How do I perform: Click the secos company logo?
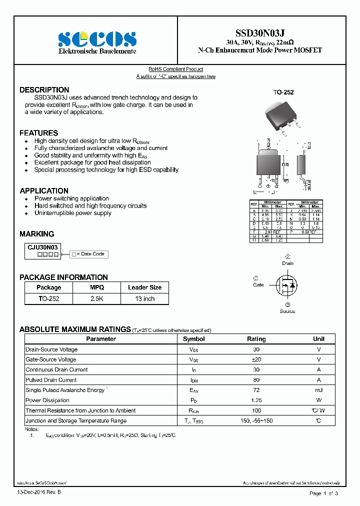[x=97, y=39]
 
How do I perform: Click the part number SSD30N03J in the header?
[x=260, y=32]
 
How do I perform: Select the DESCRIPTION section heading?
[x=44, y=90]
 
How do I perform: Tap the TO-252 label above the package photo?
[x=283, y=92]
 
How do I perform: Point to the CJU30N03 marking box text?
[x=42, y=247]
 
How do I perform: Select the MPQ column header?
[x=97, y=287]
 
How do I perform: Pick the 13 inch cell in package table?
[x=144, y=298]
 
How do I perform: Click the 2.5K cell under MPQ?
[x=97, y=298]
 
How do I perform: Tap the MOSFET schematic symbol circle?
[x=286, y=285]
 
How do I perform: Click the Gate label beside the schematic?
[x=258, y=285]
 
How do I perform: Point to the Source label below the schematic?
[x=287, y=311]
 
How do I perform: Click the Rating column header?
[x=256, y=339]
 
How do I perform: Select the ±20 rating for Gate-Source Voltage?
[x=256, y=359]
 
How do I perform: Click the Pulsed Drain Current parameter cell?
[x=51, y=380]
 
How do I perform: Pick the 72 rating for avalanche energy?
[x=256, y=390]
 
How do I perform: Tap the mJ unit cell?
[x=318, y=390]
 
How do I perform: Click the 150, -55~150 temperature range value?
[x=256, y=421]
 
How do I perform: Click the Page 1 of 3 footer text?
[x=323, y=493]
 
